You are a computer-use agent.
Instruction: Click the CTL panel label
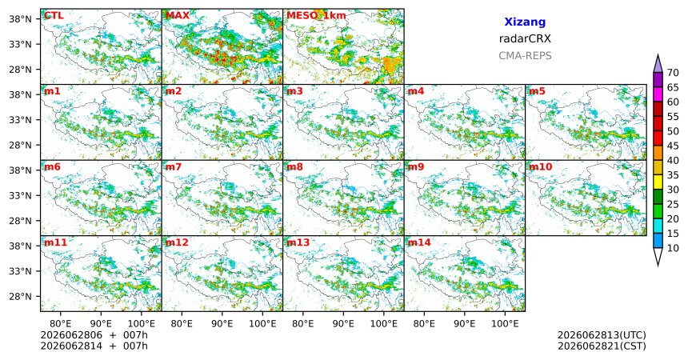tap(54, 16)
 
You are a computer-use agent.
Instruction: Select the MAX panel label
tap(178, 16)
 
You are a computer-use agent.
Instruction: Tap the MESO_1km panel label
tap(316, 16)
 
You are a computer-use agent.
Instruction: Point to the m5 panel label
tap(537, 91)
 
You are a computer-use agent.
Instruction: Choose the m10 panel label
tap(540, 167)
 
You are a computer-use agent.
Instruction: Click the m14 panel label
tap(419, 242)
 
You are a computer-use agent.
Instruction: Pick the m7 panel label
tap(174, 167)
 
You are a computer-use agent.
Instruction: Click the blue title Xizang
tap(525, 22)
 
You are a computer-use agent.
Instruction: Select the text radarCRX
tap(525, 38)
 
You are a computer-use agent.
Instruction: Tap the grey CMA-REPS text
tap(525, 56)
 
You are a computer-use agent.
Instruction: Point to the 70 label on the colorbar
tap(673, 73)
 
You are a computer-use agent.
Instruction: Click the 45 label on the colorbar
tap(673, 146)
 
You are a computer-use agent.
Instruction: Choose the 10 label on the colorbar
tap(673, 249)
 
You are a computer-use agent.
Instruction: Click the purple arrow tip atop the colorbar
tap(658, 55)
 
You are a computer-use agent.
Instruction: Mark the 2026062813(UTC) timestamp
tap(602, 335)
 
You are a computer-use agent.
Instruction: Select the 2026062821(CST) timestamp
tap(602, 346)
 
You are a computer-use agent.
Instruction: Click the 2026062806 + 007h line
tap(94, 335)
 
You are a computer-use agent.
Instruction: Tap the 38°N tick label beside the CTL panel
tap(20, 19)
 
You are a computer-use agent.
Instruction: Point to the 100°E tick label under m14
tap(505, 324)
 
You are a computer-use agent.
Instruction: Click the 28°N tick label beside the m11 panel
tap(20, 296)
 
